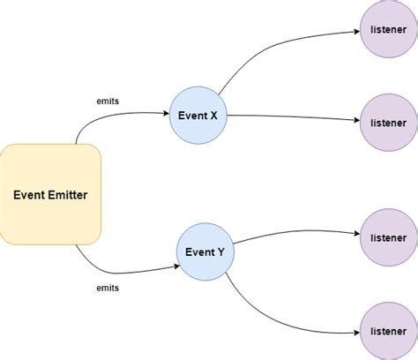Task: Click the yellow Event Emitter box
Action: (x=51, y=195)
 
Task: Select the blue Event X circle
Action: (x=198, y=116)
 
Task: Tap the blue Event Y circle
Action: (x=205, y=251)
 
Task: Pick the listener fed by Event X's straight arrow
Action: (x=388, y=123)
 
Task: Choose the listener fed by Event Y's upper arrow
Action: (x=388, y=237)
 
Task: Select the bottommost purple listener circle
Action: (x=388, y=330)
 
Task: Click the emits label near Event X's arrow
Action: (x=108, y=101)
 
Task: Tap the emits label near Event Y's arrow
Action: (x=108, y=288)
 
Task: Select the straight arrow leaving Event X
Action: (x=291, y=118)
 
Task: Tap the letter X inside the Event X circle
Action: (x=214, y=116)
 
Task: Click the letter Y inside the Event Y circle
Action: (x=220, y=251)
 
